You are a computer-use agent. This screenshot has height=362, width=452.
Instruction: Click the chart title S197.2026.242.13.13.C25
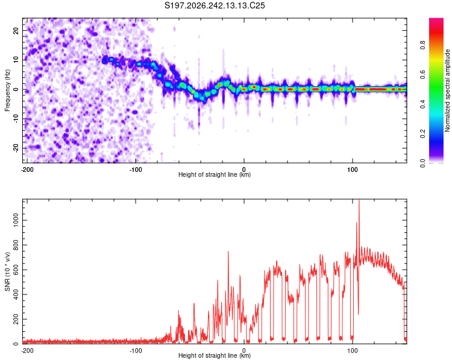tap(215, 5)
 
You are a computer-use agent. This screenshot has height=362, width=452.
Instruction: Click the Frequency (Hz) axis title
tap(7, 91)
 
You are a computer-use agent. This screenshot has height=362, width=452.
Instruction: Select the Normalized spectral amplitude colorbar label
tap(447, 91)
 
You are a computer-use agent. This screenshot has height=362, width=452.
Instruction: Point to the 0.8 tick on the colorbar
tap(422, 45)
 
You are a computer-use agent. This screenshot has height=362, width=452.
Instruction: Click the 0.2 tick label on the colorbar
tap(422, 134)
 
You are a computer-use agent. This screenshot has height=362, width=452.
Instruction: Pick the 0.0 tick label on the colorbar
tap(422, 163)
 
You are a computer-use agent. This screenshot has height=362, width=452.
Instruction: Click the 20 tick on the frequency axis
tap(16, 30)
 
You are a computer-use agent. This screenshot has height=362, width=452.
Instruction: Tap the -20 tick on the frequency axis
tap(16, 148)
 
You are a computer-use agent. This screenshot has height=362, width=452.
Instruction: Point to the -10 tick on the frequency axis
tap(16, 119)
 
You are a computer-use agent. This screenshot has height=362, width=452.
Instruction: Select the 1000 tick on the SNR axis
tap(16, 220)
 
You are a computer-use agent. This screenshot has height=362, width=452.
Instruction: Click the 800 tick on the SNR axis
tap(16, 245)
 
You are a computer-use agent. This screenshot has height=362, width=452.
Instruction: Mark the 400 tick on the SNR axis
tap(16, 294)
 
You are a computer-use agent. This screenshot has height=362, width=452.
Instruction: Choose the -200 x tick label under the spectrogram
tap(27, 170)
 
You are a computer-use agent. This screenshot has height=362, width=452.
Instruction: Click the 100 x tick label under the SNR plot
tap(353, 351)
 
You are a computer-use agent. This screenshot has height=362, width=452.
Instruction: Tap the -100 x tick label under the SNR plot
tap(136, 351)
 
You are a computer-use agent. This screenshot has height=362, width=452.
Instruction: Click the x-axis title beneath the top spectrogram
tap(215, 174)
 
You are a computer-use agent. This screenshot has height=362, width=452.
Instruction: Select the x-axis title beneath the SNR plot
tap(215, 355)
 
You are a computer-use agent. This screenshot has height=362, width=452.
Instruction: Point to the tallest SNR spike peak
tap(359, 200)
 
